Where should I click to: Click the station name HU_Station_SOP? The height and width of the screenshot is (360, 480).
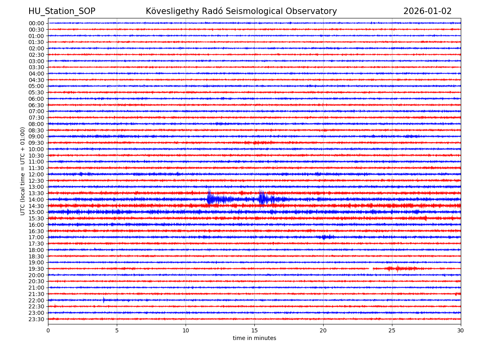[62, 11]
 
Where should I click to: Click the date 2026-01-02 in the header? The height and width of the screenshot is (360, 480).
[427, 11]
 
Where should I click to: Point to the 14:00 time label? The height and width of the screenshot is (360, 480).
[36, 200]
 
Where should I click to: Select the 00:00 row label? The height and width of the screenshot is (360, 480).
[36, 23]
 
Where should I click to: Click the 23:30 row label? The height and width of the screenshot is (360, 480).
[36, 319]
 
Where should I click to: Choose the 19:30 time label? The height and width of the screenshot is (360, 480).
[36, 269]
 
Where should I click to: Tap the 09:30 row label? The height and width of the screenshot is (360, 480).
[36, 143]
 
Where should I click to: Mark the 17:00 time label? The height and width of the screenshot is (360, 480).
[36, 237]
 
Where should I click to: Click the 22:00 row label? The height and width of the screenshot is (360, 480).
[36, 300]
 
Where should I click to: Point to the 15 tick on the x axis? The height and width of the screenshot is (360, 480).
[254, 331]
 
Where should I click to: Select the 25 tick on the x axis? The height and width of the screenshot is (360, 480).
[392, 331]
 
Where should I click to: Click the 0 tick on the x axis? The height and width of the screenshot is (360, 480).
[48, 331]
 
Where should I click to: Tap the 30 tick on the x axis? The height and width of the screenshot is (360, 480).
[461, 331]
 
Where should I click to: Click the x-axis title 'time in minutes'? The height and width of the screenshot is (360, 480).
[254, 338]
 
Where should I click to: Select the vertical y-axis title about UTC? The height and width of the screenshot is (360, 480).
[23, 171]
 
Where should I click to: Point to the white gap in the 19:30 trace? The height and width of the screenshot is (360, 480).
[371, 268]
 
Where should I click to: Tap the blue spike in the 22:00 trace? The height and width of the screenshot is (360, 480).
[104, 300]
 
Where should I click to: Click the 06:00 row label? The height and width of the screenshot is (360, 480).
[36, 99]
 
